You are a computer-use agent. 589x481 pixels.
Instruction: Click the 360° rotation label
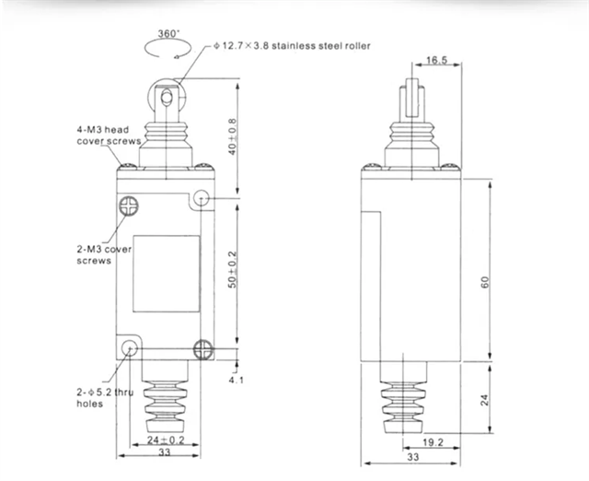[x=168, y=34]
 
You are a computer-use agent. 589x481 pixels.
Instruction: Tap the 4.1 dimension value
[x=236, y=379]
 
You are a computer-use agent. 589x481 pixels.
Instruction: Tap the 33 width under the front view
[x=166, y=454]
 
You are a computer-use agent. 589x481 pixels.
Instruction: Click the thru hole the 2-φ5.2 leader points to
[x=131, y=348]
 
